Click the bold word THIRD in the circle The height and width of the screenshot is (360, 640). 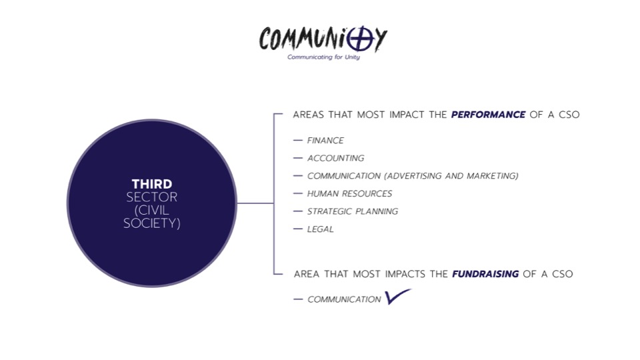[152, 184]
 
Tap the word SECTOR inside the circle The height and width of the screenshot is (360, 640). [152, 197]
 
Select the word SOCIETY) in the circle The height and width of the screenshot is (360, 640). [152, 224]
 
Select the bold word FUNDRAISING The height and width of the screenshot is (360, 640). [485, 274]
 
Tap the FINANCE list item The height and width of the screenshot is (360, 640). [325, 141]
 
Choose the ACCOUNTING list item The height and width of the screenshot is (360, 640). [335, 159]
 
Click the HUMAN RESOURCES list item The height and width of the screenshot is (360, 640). [349, 194]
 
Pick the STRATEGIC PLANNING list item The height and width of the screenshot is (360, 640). [352, 211]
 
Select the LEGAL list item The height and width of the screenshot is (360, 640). [320, 229]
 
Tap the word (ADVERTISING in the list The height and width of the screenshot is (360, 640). [408, 176]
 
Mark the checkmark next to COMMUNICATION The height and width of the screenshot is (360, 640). [397, 297]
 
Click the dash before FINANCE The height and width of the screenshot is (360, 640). [297, 141]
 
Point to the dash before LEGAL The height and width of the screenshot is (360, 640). [297, 229]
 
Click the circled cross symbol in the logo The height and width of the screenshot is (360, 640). [360, 39]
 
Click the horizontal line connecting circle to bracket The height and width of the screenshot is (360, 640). [255, 203]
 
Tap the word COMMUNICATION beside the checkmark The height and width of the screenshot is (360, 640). [344, 300]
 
